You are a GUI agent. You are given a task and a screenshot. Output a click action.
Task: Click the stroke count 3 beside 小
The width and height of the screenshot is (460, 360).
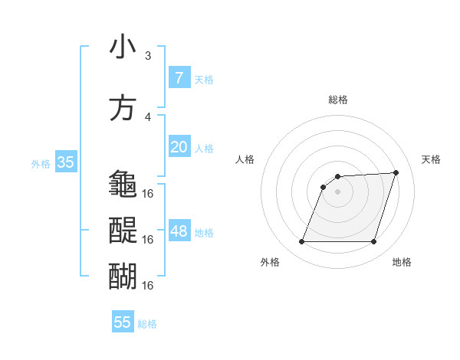(148, 55)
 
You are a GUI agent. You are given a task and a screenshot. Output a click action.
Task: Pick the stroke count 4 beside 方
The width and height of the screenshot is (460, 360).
(148, 116)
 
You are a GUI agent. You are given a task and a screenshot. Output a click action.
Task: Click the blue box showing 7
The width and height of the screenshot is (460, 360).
(179, 78)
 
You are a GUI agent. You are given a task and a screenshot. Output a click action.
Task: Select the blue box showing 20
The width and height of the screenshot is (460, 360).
(179, 147)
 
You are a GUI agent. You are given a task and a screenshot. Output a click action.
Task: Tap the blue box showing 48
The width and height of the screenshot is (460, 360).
(179, 231)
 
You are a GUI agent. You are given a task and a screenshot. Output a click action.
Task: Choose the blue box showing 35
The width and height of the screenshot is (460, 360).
(65, 162)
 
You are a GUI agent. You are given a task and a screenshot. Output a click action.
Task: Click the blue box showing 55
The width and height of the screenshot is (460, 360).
(123, 322)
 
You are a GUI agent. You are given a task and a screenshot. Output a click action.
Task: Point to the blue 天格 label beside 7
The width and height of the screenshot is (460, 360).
(203, 79)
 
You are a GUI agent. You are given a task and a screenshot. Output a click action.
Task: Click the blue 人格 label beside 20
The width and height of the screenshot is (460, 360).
(203, 148)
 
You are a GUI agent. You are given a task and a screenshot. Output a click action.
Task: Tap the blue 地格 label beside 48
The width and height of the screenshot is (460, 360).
(203, 232)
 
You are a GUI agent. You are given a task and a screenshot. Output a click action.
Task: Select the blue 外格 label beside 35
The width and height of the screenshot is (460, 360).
(41, 163)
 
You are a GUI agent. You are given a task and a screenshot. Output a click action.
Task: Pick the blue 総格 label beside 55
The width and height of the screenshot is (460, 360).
(147, 323)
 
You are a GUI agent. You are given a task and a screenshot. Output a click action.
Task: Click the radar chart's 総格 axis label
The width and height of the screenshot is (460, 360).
(337, 100)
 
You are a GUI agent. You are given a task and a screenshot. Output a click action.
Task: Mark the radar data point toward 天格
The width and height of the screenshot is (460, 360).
(396, 172)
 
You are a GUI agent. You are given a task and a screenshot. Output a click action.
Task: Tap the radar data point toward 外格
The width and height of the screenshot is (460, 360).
(301, 242)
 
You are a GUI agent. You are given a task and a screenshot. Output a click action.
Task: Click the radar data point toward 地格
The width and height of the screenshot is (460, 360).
(373, 242)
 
